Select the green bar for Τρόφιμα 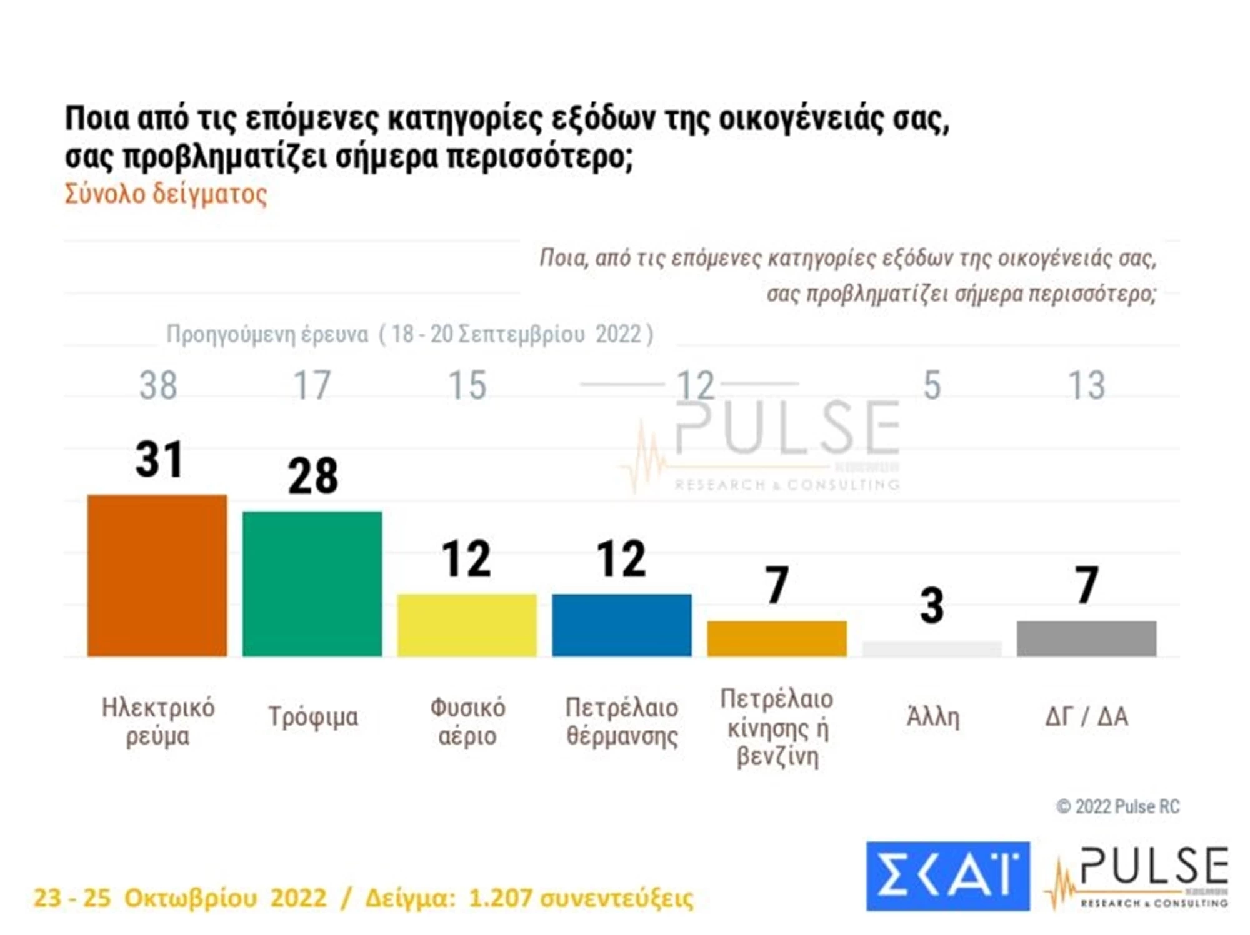[312, 583]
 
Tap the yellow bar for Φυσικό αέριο [467, 625]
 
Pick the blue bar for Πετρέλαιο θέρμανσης [622, 625]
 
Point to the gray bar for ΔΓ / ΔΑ [1086, 638]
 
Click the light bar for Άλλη [932, 649]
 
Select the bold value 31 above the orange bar [159, 460]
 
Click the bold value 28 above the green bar [312, 477]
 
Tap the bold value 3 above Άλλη [932, 606]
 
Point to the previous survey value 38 [158, 385]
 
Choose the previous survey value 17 [312, 385]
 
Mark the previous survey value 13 [1087, 385]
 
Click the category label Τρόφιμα [313, 717]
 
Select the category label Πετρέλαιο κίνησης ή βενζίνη [777, 728]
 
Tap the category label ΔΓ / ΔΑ [1087, 717]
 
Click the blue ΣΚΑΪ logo [947, 876]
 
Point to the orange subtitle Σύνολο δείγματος [166, 194]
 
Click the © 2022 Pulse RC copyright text [1117, 806]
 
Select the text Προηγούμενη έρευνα [267, 335]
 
